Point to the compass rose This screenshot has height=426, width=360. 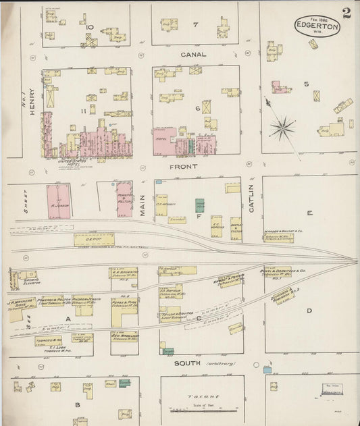(282, 126)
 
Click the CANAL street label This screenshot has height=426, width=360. (193, 54)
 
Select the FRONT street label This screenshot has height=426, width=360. (184, 166)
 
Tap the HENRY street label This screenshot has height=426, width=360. (31, 105)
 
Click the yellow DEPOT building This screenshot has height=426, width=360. (93, 239)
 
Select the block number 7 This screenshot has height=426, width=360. (195, 25)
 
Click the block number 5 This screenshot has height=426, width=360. (305, 84)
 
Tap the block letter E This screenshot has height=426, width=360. (309, 213)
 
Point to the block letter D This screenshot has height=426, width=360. (309, 311)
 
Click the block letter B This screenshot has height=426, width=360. (78, 405)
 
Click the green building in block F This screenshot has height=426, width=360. (200, 205)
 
